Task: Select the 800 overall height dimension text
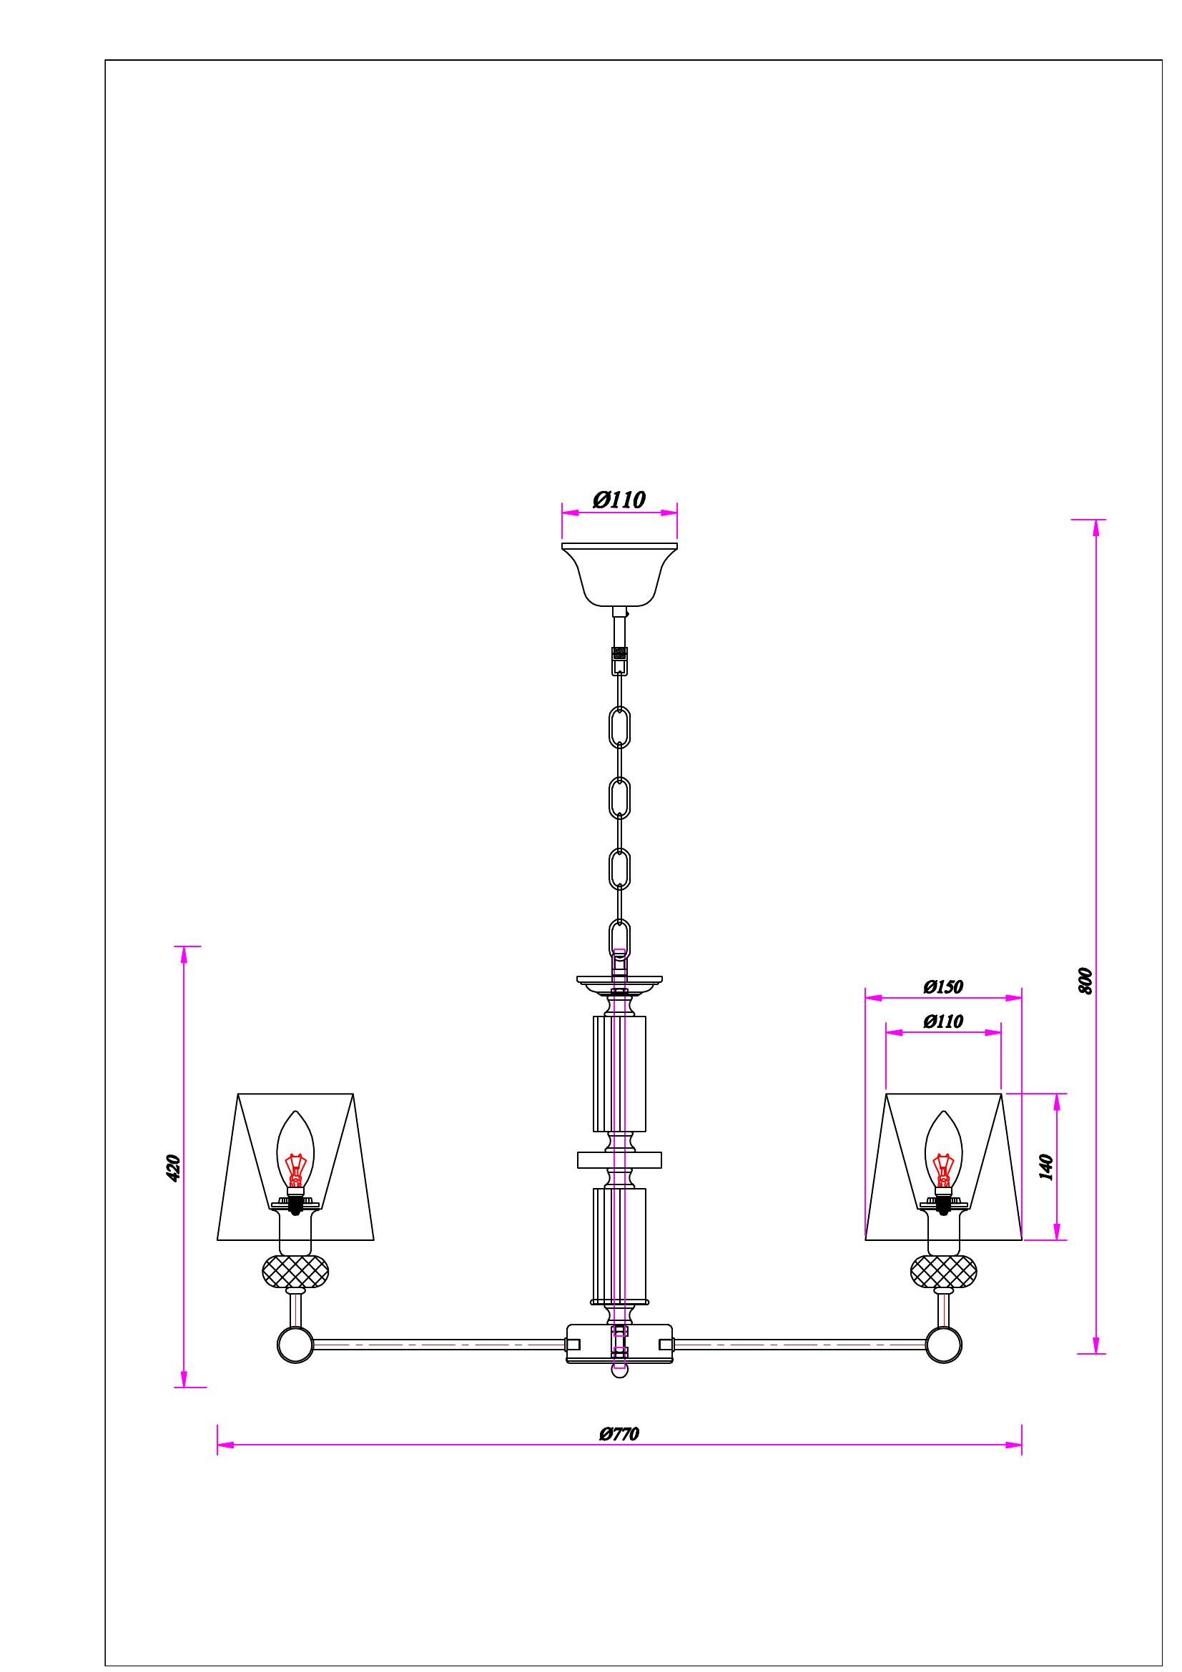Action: (x=1085, y=981)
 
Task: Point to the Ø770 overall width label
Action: (x=619, y=1434)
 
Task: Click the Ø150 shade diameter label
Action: (x=943, y=986)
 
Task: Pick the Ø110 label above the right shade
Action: (x=943, y=1021)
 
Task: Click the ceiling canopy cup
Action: (x=619, y=575)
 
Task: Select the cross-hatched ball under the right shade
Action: (x=944, y=1272)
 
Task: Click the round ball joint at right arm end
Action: (x=944, y=1345)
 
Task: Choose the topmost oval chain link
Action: (x=619, y=726)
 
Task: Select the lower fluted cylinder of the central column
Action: (x=619, y=1246)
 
